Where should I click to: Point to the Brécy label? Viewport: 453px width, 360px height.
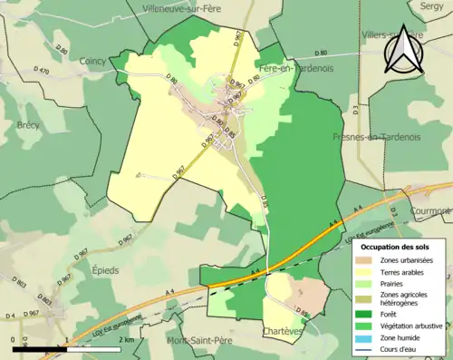[x=28, y=124]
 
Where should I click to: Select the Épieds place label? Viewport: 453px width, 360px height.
[x=107, y=269]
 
